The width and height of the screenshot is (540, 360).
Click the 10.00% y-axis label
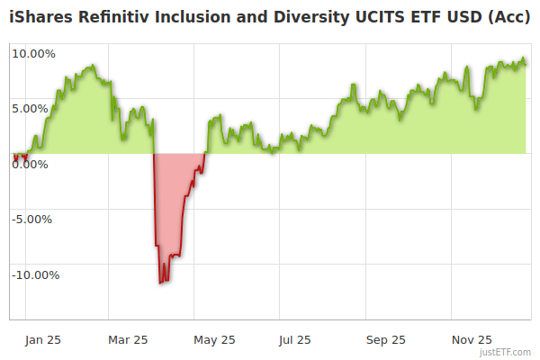click(x=33, y=53)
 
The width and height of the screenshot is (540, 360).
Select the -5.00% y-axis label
click(x=33, y=219)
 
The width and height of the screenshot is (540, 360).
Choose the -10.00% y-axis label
click(x=35, y=274)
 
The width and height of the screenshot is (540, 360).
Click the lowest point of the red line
click(x=160, y=283)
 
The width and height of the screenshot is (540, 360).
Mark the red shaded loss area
click(x=171, y=207)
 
